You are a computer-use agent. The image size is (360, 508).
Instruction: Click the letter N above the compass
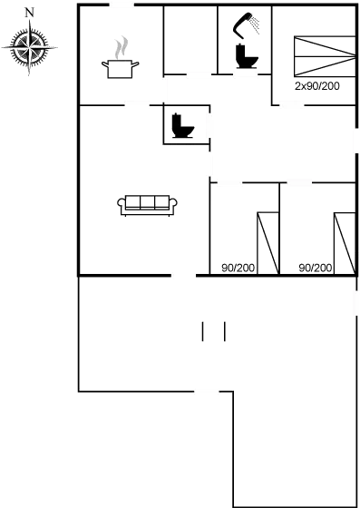(30, 13)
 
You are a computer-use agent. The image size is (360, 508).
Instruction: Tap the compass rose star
(30, 47)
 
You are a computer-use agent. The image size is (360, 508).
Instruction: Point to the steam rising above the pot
(119, 46)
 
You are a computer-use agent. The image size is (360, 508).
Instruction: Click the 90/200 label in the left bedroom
(238, 268)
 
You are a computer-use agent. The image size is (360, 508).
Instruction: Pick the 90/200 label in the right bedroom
(315, 268)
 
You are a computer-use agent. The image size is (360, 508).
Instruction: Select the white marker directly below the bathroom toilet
(245, 75)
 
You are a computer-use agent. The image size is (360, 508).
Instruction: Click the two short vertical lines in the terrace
(214, 331)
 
